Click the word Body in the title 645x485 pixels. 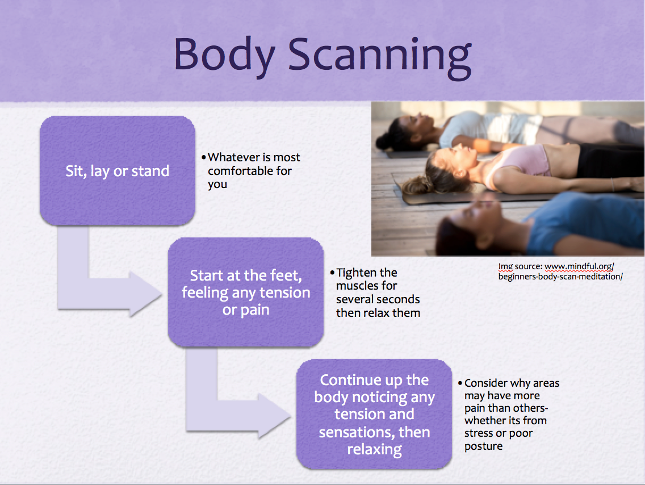pos(224,56)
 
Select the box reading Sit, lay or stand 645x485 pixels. pos(117,171)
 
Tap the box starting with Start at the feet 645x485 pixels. pos(246,292)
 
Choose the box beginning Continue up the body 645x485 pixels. pos(374,414)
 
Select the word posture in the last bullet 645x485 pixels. pos(483,446)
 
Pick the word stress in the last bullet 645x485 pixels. pos(479,433)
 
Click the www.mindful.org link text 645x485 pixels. pos(579,266)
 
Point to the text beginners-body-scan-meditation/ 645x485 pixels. pos(560,277)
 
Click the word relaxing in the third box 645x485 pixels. pos(374,450)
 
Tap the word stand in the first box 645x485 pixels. pos(150,171)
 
